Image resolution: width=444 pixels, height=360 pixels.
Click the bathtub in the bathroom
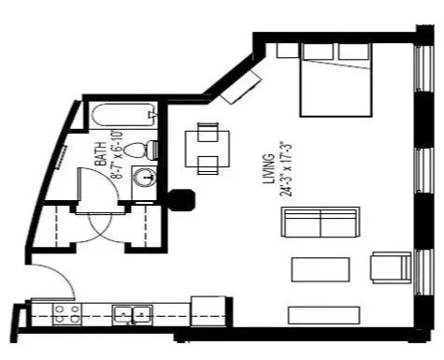click(121, 117)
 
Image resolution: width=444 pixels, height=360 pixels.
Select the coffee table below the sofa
click(320, 269)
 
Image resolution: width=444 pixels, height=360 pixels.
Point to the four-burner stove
click(64, 313)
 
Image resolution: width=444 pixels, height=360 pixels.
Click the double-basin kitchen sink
click(133, 314)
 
